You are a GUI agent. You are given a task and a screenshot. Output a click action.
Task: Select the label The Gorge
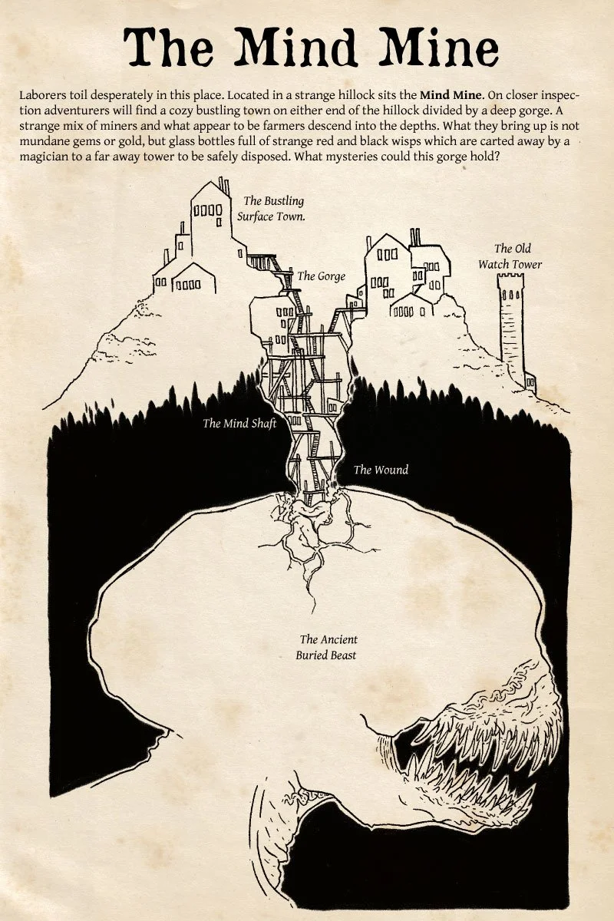point(321,276)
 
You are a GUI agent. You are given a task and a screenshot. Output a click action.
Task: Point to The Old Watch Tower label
point(510,256)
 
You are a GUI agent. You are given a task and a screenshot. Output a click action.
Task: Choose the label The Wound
point(381,470)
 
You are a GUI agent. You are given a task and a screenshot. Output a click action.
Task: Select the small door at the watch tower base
point(530,379)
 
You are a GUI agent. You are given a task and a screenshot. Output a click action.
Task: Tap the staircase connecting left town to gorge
point(269,265)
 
